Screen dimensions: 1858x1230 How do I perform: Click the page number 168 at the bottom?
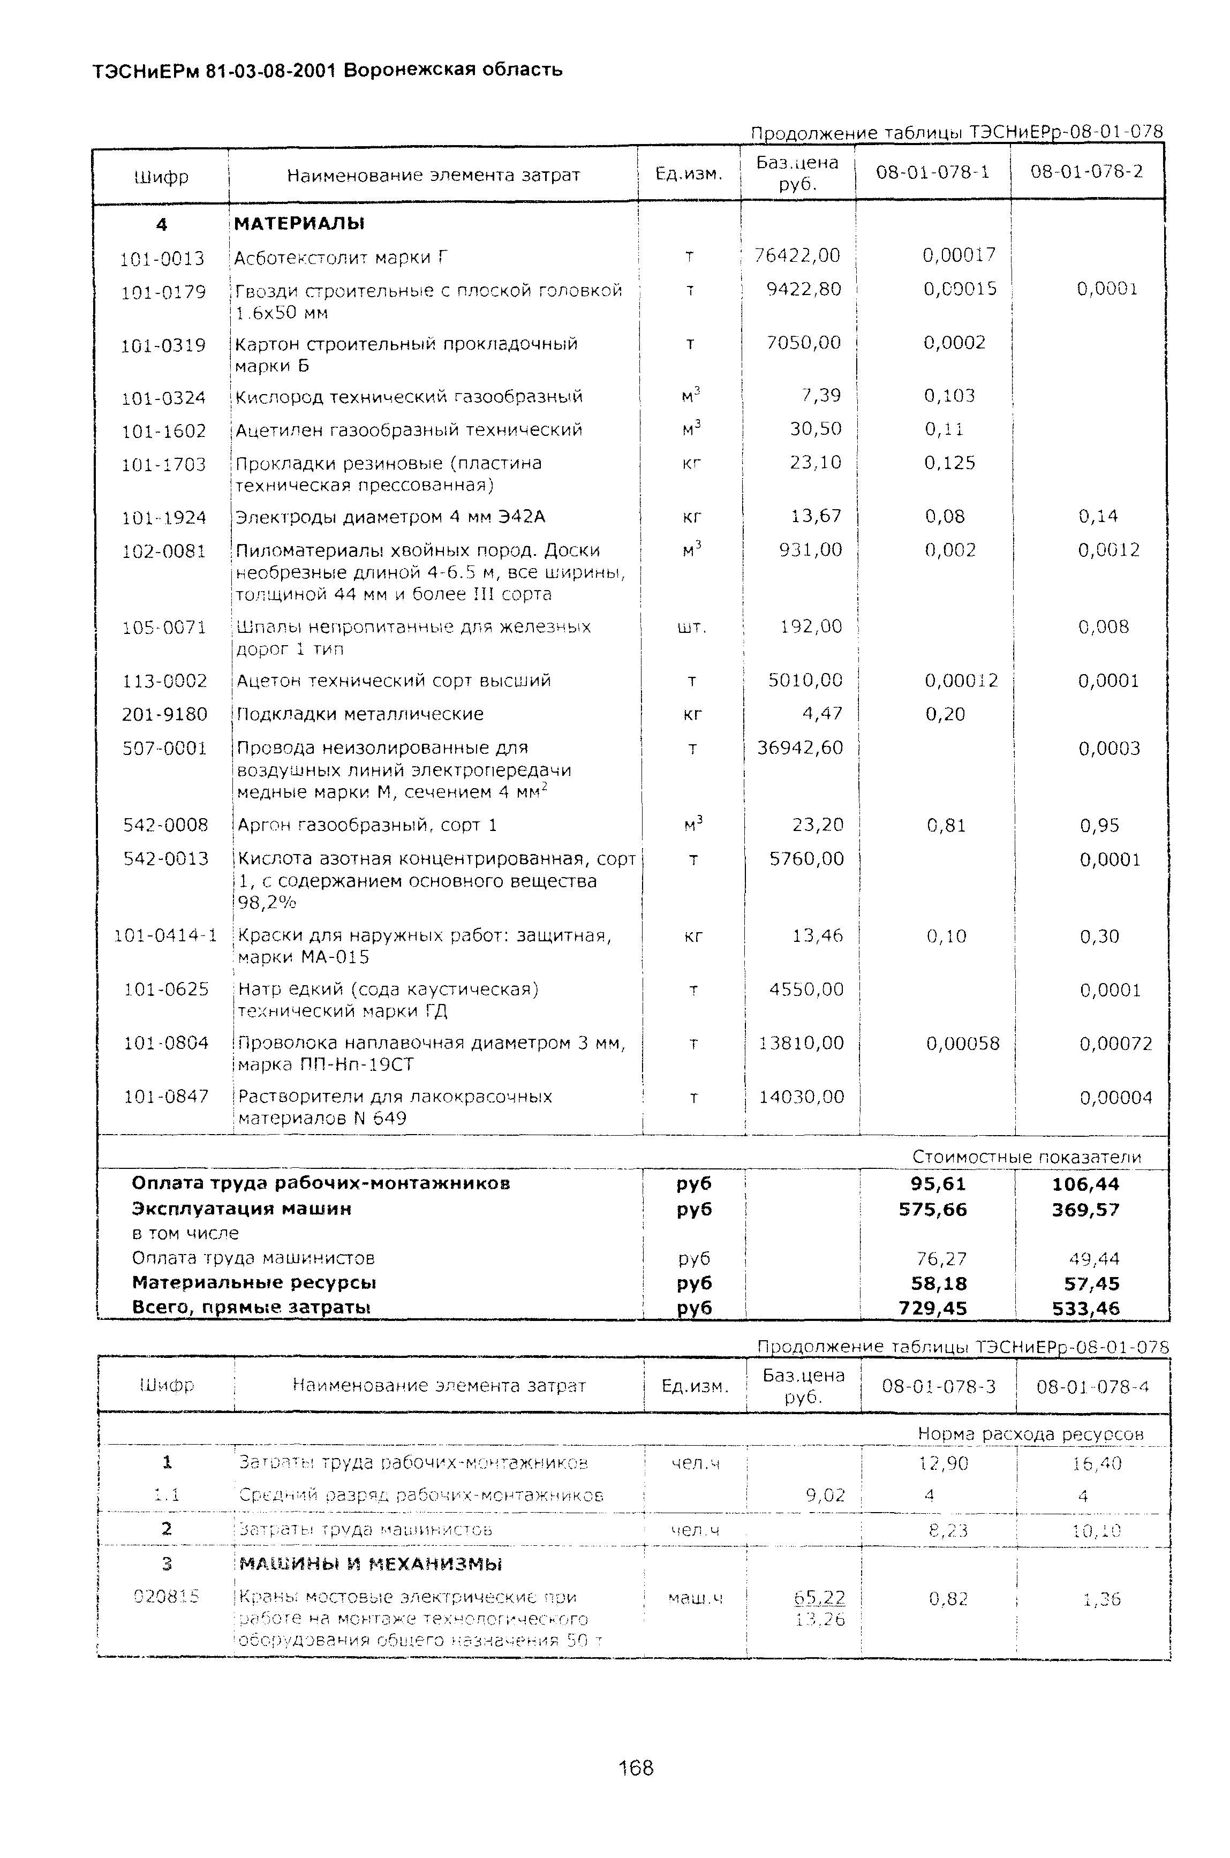pos(636,1768)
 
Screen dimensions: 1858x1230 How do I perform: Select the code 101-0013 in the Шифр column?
pos(162,258)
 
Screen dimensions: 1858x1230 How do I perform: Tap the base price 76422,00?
pos(797,255)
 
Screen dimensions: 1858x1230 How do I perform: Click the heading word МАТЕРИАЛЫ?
pos(300,223)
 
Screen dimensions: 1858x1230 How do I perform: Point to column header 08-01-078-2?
pos(1086,171)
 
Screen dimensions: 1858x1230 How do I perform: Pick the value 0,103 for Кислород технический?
pos(949,395)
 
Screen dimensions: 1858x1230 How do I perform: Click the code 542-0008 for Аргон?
pos(165,825)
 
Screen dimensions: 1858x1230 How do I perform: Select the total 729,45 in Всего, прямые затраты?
pos(933,1308)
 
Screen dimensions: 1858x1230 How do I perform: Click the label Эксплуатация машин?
pos(242,1209)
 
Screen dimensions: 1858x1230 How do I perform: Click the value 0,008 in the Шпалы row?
pos(1104,626)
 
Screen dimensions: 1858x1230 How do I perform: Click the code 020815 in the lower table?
pos(167,1596)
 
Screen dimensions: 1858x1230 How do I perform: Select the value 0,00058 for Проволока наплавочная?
pos(962,1043)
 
